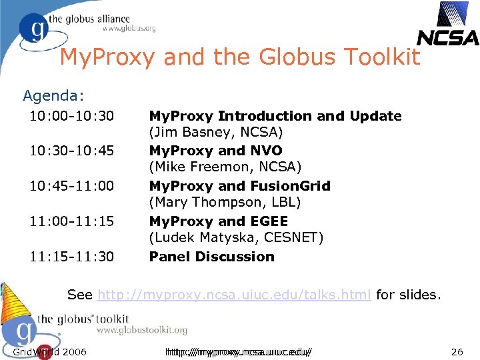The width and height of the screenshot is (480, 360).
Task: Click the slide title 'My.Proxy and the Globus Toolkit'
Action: pyautogui.click(x=240, y=57)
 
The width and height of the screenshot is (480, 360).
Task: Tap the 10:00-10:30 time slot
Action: pyautogui.click(x=71, y=117)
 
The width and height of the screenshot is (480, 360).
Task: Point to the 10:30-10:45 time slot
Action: pyautogui.click(x=71, y=151)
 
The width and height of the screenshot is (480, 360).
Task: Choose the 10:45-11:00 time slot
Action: pyautogui.click(x=71, y=187)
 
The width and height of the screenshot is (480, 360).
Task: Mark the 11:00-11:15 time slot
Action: pyautogui.click(x=71, y=221)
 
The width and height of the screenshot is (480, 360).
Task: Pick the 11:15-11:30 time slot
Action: pyautogui.click(x=71, y=257)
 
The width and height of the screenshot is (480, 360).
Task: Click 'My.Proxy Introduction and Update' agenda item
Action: pyautogui.click(x=275, y=116)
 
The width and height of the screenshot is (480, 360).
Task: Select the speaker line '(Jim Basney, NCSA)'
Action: pyautogui.click(x=216, y=133)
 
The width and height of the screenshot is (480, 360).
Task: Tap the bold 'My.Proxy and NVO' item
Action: pyautogui.click(x=215, y=151)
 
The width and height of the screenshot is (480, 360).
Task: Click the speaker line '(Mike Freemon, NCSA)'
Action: pyautogui.click(x=225, y=167)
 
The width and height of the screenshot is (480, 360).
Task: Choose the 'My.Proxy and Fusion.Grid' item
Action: pyautogui.click(x=239, y=186)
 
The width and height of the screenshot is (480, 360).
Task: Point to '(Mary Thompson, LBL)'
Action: pyautogui.click(x=225, y=201)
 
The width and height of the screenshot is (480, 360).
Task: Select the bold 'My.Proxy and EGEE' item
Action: pyautogui.click(x=218, y=221)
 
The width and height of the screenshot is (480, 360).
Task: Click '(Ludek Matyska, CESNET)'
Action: pyautogui.click(x=236, y=237)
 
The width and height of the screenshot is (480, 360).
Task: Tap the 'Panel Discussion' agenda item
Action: pyautogui.click(x=211, y=257)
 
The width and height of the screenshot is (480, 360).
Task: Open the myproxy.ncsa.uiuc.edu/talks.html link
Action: pyautogui.click(x=234, y=295)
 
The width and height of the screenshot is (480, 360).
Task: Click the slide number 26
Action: pyautogui.click(x=457, y=351)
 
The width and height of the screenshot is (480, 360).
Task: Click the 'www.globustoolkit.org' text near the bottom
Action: pyautogui.click(x=141, y=330)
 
